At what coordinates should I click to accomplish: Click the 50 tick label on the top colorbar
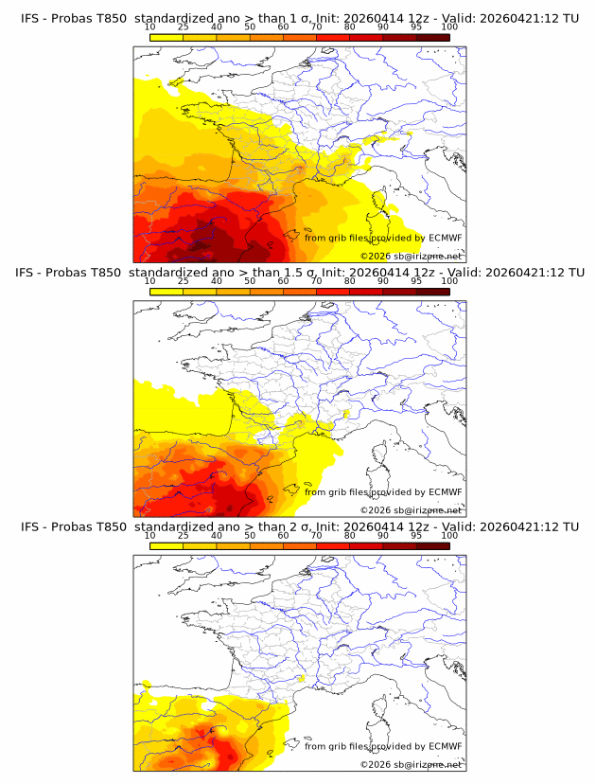(x=250, y=27)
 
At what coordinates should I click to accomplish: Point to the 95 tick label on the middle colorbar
(x=416, y=281)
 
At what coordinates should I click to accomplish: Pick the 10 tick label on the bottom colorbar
(x=149, y=535)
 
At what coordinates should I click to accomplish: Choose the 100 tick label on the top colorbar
(x=449, y=27)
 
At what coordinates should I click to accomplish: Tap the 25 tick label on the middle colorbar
(x=183, y=281)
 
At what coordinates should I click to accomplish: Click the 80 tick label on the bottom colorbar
(x=350, y=535)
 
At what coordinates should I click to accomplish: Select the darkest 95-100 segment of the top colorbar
(x=432, y=37)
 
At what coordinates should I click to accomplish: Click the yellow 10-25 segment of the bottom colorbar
(x=167, y=545)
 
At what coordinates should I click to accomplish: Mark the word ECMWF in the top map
(x=445, y=238)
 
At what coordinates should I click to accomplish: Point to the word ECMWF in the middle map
(x=445, y=491)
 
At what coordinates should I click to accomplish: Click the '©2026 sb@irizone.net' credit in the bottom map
(x=412, y=764)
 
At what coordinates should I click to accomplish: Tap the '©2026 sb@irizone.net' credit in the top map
(x=412, y=256)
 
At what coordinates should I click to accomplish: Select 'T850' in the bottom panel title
(x=110, y=526)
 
